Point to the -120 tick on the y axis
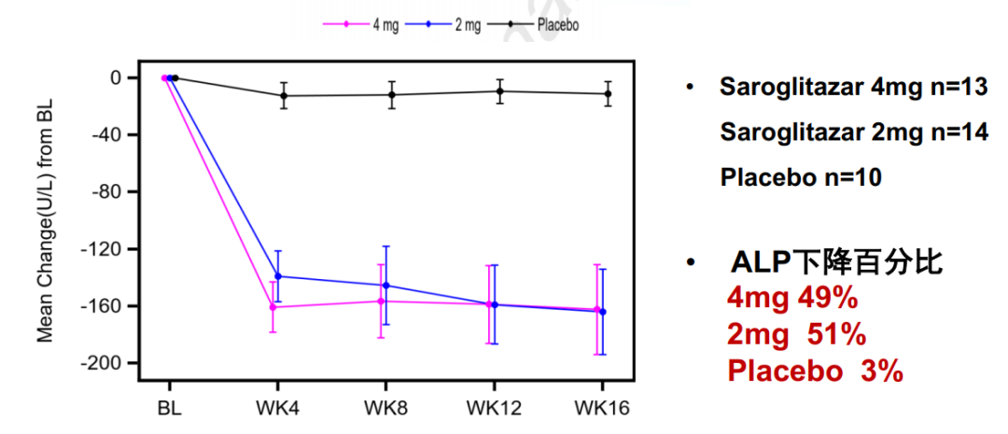pos(105,249)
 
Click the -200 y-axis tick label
pos(105,363)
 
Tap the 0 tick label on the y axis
pos(116,77)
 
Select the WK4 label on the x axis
pos(277,409)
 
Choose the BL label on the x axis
pos(169,409)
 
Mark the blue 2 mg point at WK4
pos(278,276)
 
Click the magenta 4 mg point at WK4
pos(273,307)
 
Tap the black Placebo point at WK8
pos(392,94)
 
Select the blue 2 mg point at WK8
pos(386,286)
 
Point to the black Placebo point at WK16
pos(609,93)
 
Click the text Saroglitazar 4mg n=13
pos(853,89)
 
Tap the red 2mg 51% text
pos(796,334)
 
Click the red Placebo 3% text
pos(815,371)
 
